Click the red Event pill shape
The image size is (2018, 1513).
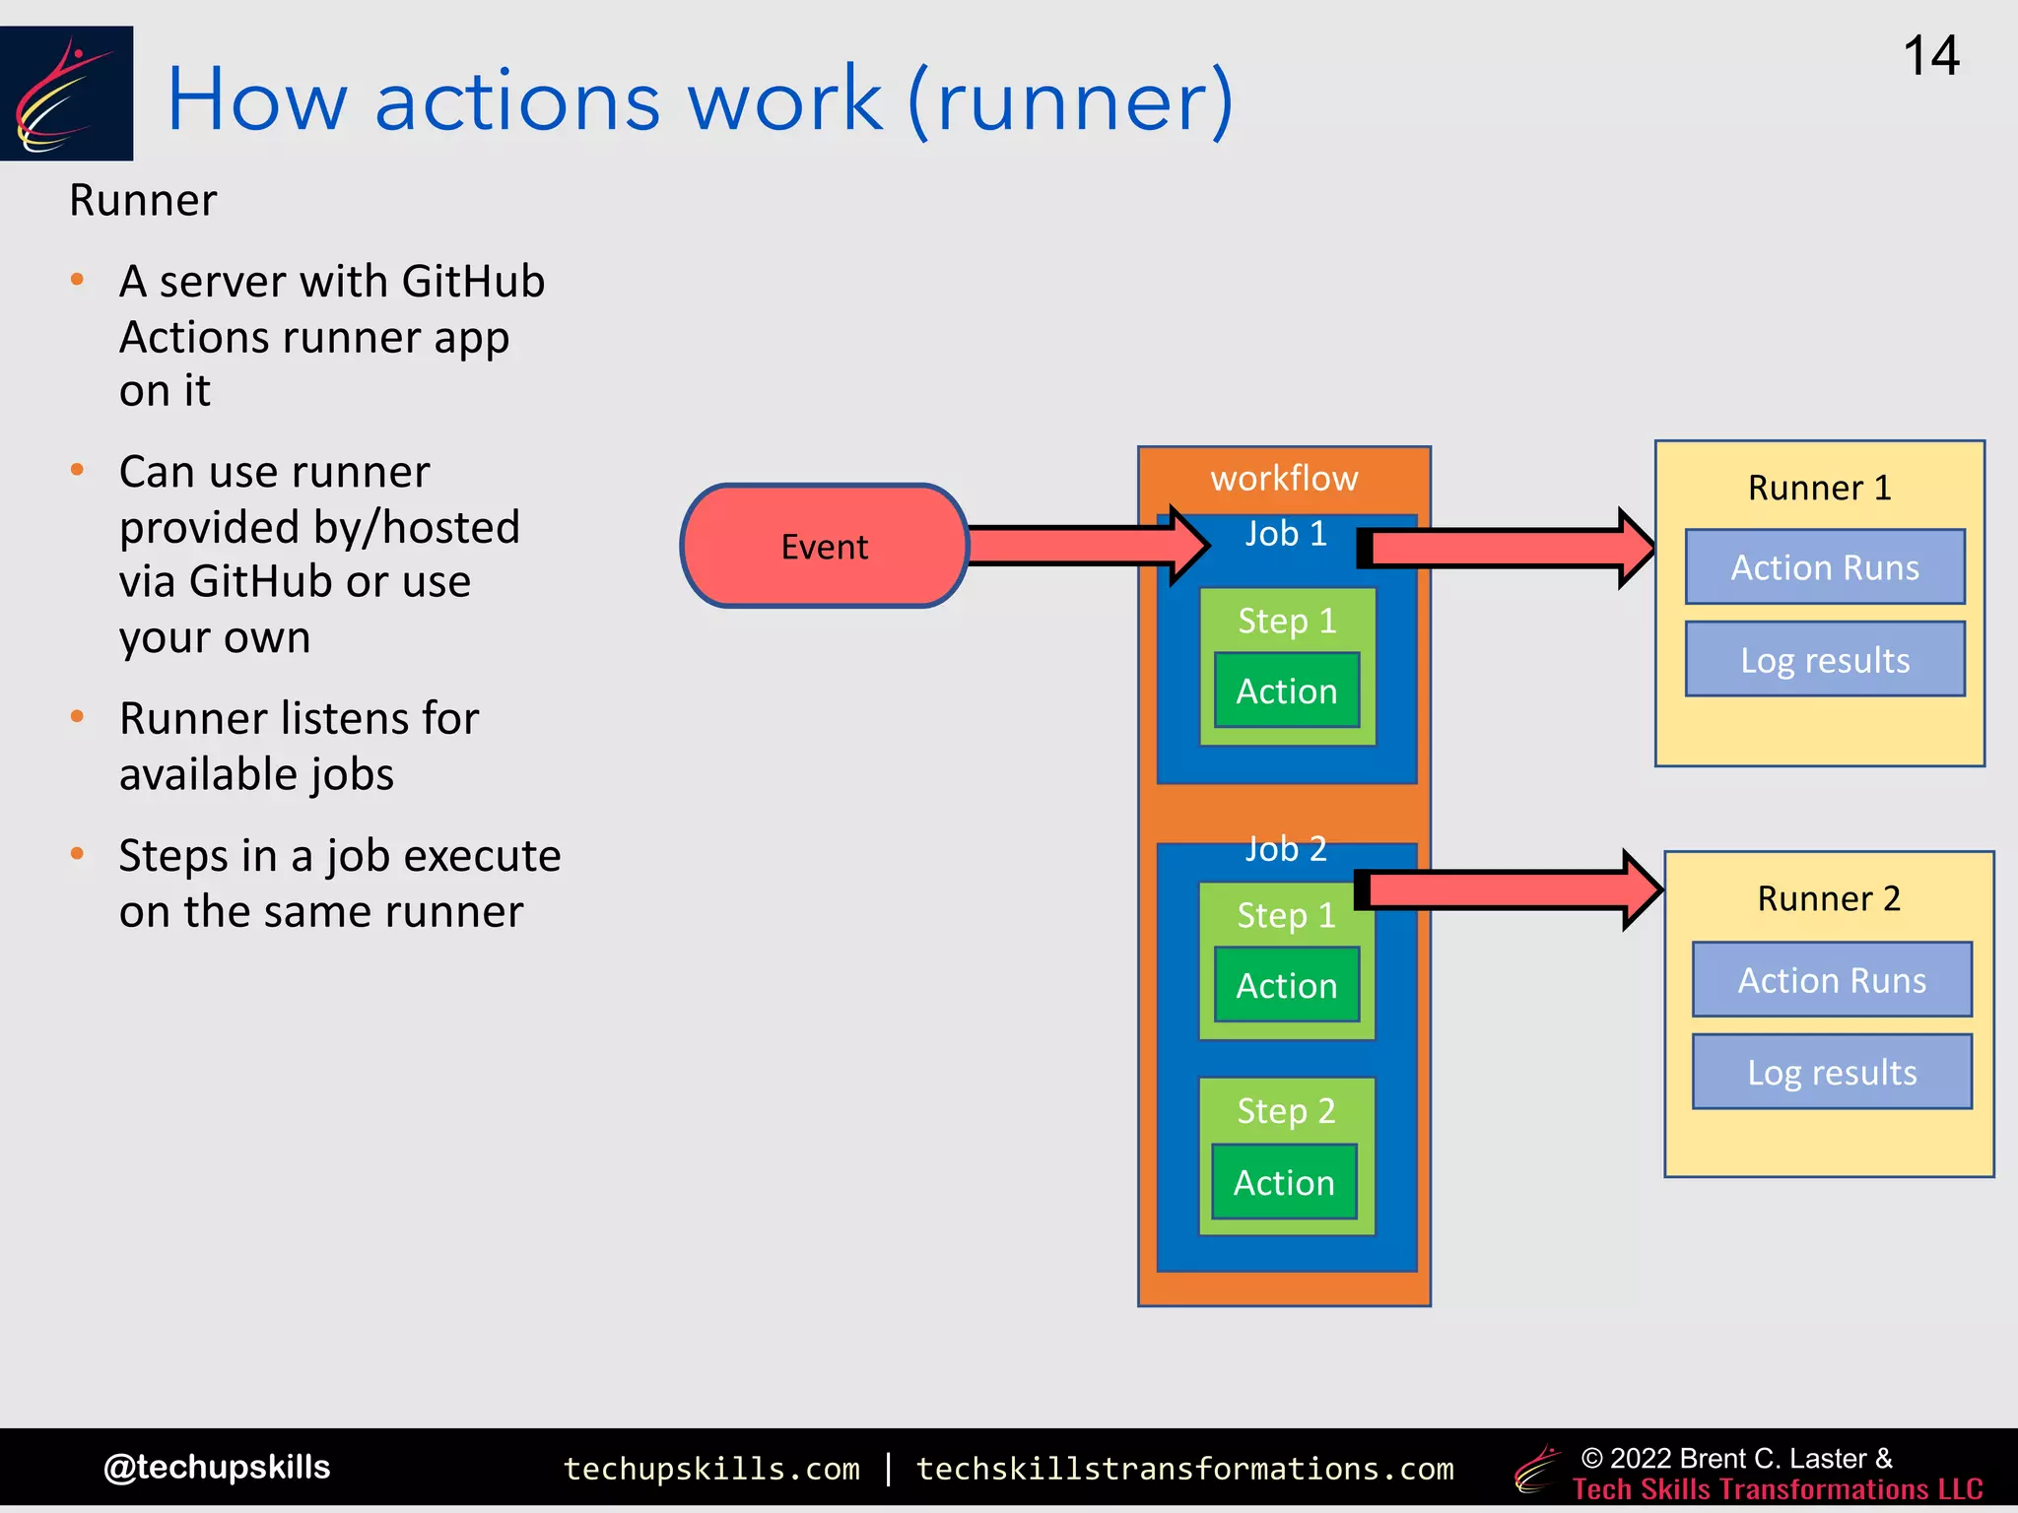[x=825, y=546]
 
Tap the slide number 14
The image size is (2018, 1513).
[x=1930, y=56]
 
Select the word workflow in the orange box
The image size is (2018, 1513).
[x=1284, y=479]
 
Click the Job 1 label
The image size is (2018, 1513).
[x=1286, y=534]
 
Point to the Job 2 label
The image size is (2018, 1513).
[x=1286, y=848]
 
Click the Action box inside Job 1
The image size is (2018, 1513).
[x=1286, y=691]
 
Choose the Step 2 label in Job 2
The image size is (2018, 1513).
[x=1286, y=1111]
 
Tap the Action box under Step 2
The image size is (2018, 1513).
[x=1284, y=1182]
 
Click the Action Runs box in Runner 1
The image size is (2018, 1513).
[x=1825, y=567]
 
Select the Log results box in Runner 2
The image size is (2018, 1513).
[x=1832, y=1072]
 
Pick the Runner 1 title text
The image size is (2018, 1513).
[x=1819, y=488]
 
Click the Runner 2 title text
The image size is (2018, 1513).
[x=1829, y=898]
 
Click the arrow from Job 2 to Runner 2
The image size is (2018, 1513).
[x=1508, y=890]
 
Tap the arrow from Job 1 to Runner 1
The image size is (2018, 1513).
[x=1508, y=549]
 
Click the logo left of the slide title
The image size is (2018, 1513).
[x=66, y=94]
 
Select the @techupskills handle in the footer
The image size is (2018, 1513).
[x=217, y=1467]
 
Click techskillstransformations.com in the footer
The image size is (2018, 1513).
[x=1184, y=1469]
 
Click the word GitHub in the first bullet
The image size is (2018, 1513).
[x=473, y=282]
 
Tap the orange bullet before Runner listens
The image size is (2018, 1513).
[x=78, y=717]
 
